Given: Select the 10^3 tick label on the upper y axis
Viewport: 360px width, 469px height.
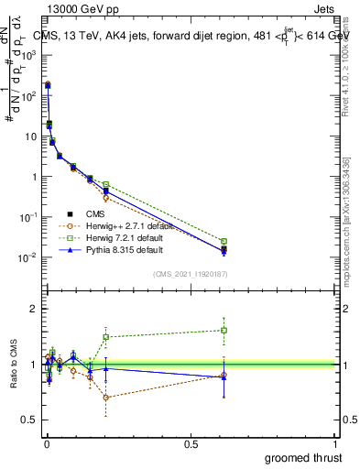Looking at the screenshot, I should click(x=27, y=56).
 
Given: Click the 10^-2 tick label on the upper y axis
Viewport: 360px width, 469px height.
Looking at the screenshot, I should click(x=27, y=258).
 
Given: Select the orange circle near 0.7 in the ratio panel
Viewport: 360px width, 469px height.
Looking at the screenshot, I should click(x=106, y=398).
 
